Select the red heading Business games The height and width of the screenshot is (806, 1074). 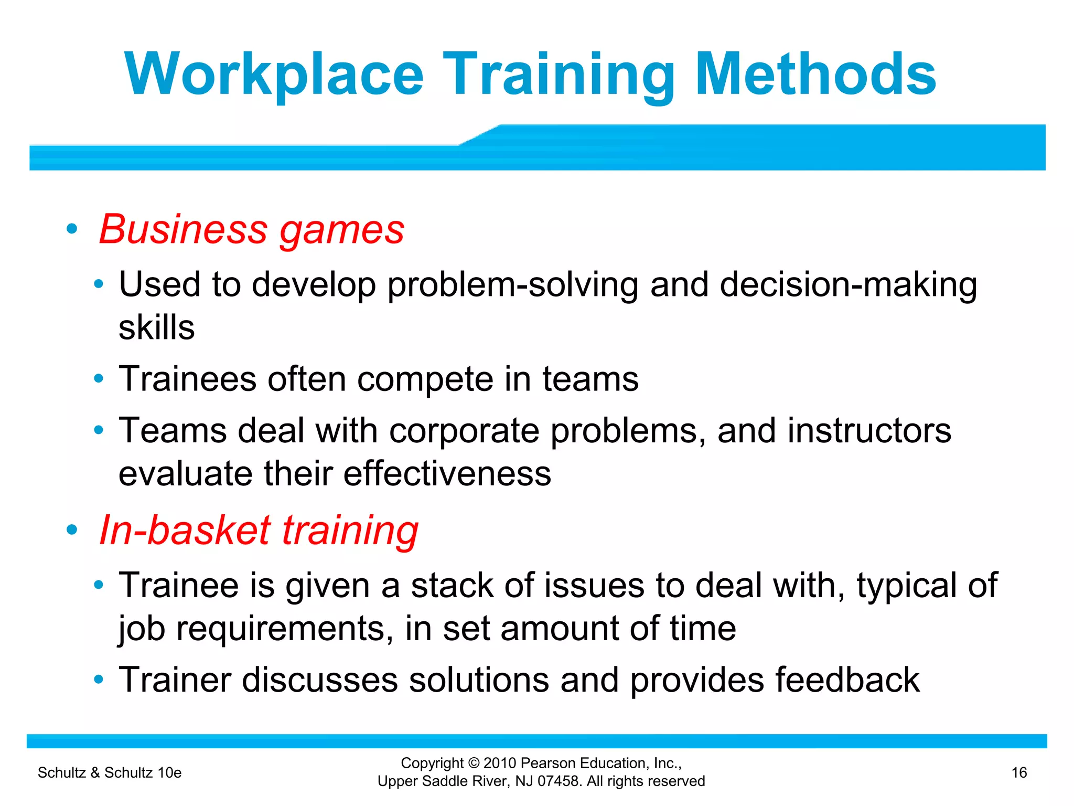point(252,229)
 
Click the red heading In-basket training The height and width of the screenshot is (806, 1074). point(259,530)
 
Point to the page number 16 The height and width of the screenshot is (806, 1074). point(1019,772)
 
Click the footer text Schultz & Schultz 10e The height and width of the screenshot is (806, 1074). point(110,772)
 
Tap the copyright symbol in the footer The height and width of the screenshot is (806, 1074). point(474,763)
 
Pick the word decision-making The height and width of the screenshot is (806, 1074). point(848,285)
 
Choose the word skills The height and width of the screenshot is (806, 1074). point(156,328)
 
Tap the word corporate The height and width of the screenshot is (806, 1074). point(464,431)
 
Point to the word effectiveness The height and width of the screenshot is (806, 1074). point(447,474)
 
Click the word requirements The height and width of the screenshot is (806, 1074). point(284,629)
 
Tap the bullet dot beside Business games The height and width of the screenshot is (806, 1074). point(72,229)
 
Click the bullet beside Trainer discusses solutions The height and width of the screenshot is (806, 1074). point(98,680)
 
